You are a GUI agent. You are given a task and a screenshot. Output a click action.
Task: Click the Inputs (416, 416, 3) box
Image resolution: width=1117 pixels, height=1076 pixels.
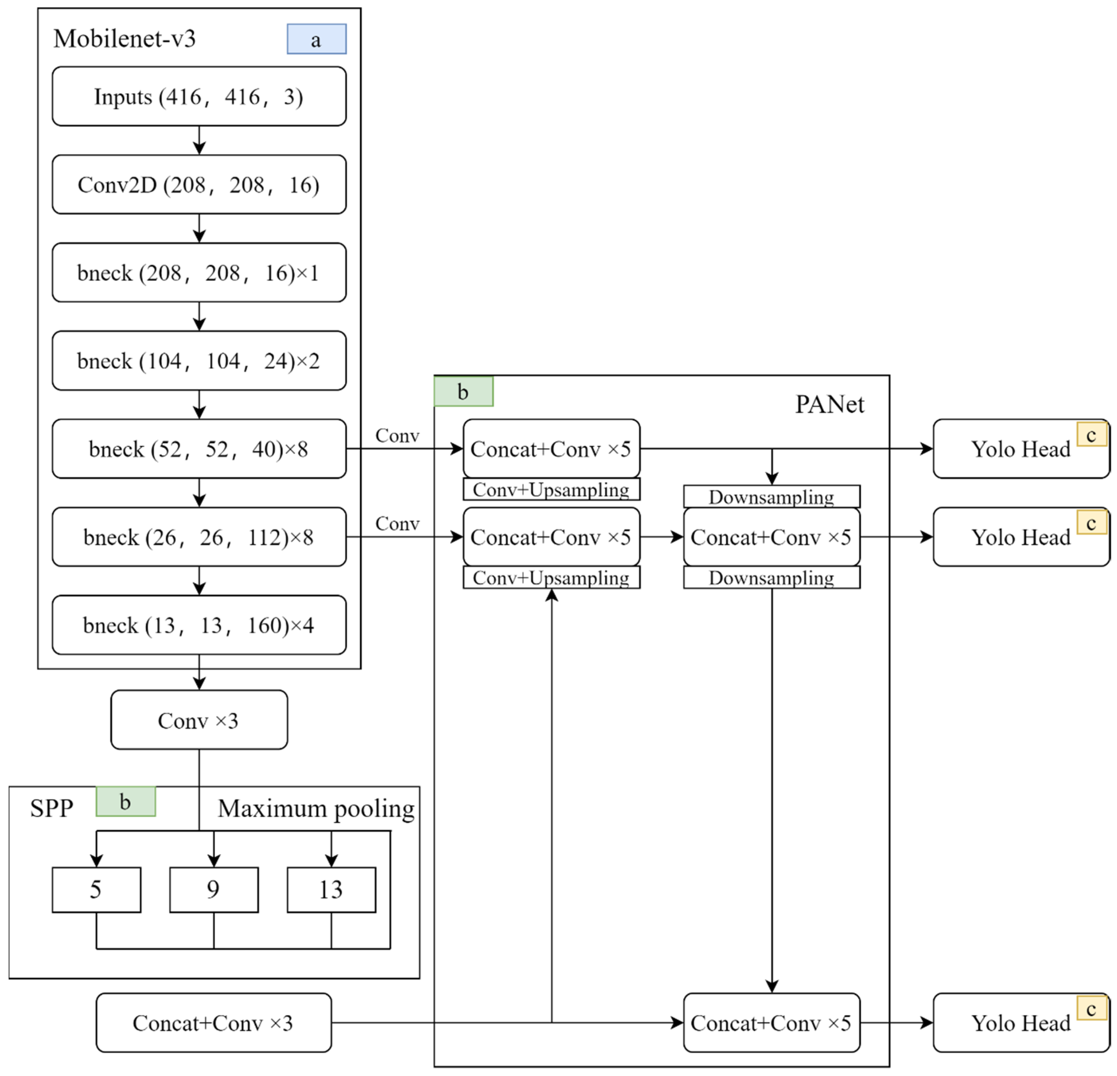coord(199,96)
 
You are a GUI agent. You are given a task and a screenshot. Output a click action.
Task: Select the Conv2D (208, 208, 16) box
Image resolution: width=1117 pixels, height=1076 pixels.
coord(199,185)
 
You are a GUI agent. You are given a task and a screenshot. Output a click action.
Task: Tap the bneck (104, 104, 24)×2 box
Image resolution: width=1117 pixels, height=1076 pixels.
coord(199,361)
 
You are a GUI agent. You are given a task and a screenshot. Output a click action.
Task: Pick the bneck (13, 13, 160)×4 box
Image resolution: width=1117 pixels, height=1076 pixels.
coord(199,625)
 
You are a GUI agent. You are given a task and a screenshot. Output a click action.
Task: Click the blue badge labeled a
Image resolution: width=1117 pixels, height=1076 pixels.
coord(316,39)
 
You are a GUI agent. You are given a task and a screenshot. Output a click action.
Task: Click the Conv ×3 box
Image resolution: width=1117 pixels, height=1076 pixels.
coord(199,720)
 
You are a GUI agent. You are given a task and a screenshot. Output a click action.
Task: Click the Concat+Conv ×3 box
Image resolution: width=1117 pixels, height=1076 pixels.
coord(213,1023)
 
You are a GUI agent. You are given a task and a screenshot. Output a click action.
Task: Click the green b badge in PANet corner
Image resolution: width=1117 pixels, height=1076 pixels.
coord(463,392)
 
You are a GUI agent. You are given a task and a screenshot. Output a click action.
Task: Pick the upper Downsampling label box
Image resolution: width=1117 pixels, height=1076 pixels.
coord(772,497)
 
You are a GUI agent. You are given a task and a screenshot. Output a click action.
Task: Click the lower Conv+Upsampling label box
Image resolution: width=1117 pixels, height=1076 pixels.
coord(551,577)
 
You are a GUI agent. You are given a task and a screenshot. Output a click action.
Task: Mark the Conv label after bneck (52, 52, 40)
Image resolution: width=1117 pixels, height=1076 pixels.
coord(397,435)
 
